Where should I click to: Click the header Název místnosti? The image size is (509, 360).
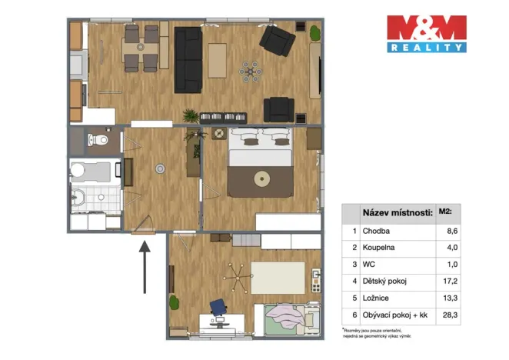click(x=392, y=211)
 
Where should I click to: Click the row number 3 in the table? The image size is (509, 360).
click(x=352, y=263)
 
